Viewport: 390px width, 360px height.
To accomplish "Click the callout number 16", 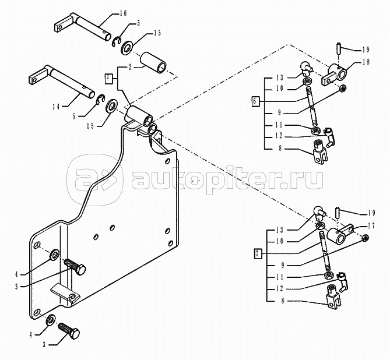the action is tap(123, 13).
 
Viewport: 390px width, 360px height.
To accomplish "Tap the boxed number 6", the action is tap(255, 101).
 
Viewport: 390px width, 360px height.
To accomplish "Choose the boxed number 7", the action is tap(258, 253).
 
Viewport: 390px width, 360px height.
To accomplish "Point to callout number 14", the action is tap(56, 107).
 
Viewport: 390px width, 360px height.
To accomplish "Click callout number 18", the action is tap(366, 61).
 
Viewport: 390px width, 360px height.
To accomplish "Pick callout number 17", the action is tap(371, 226).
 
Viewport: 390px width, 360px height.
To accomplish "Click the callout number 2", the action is tap(130, 67).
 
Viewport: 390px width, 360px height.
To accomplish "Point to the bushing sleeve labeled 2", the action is tap(153, 64).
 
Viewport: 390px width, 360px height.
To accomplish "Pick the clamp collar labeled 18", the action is tap(334, 74).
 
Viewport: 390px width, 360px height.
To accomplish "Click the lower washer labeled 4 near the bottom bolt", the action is tap(51, 320).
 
